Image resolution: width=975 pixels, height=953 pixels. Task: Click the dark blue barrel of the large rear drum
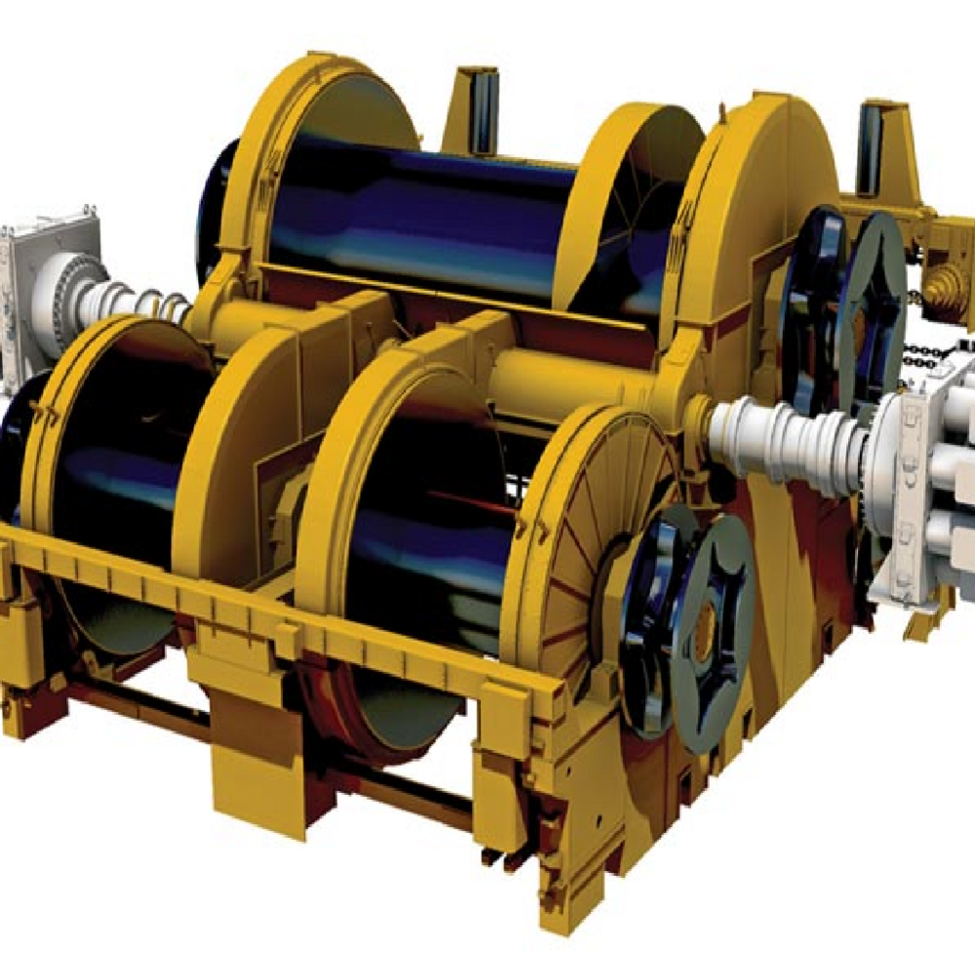419,215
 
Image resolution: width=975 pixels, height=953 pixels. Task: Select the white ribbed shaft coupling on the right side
780,439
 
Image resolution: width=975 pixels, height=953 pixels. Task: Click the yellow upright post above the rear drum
478,107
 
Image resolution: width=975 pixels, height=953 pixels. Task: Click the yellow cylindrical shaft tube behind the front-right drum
575,376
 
